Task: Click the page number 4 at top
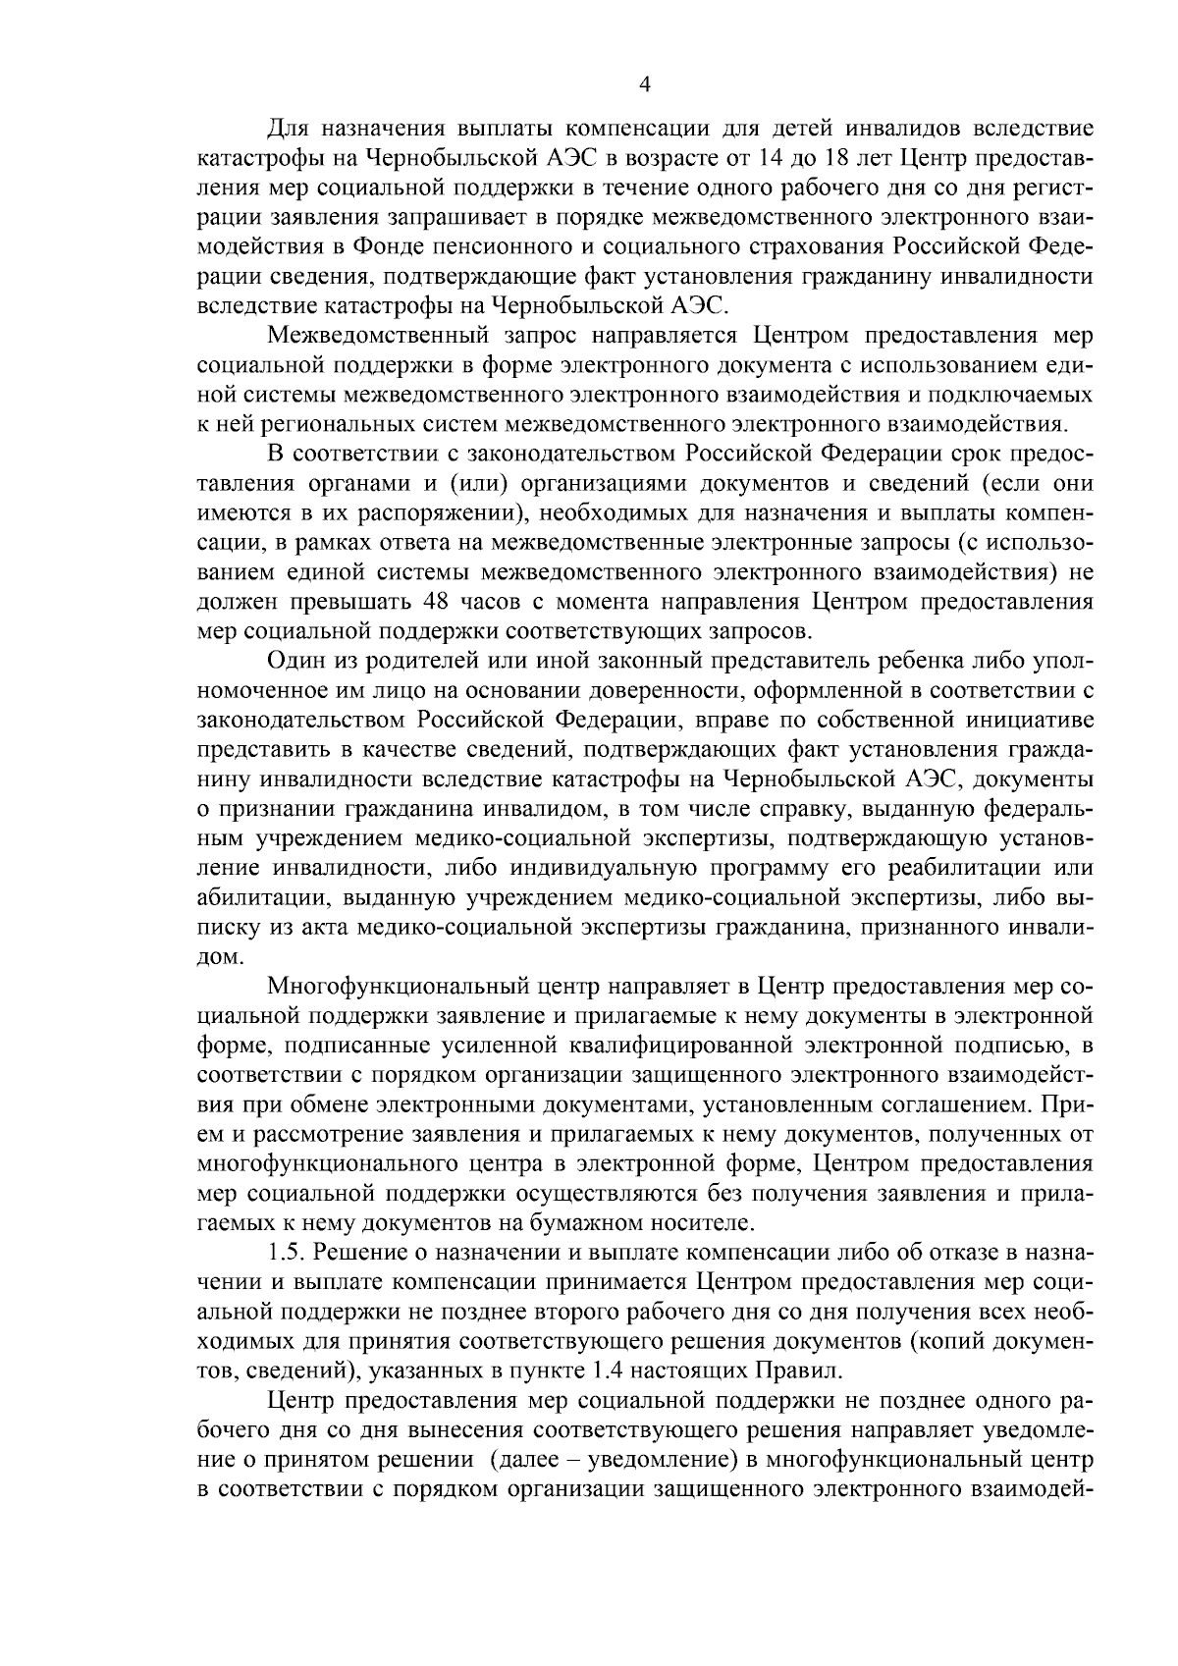[x=644, y=85]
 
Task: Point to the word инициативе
[x=1020, y=720]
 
